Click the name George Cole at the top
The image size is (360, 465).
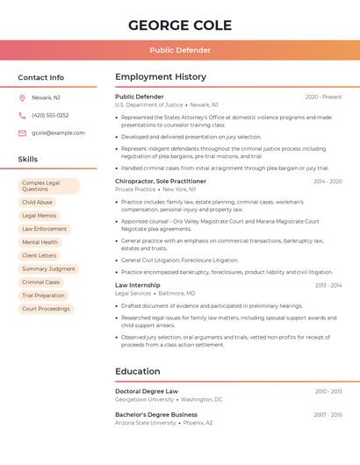click(180, 25)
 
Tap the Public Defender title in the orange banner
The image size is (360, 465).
click(180, 50)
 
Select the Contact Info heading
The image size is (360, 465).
click(40, 77)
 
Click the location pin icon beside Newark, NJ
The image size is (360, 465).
click(22, 97)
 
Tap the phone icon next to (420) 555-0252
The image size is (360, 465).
click(22, 115)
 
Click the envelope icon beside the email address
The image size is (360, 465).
click(22, 133)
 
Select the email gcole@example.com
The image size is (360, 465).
click(58, 133)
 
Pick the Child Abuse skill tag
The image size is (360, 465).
click(37, 202)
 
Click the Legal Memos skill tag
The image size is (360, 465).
click(39, 215)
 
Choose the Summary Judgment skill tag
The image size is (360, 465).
click(48, 268)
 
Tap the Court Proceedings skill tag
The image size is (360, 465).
click(46, 309)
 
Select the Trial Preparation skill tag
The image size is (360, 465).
click(43, 296)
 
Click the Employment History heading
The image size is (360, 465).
click(161, 77)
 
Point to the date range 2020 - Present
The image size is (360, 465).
click(323, 97)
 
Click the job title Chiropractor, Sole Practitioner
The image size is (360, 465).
click(160, 181)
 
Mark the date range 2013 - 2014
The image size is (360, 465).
click(328, 285)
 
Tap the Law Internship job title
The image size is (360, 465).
click(137, 285)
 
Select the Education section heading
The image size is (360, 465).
click(137, 371)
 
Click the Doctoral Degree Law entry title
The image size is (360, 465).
click(146, 391)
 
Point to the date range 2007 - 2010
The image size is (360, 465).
click(328, 414)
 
